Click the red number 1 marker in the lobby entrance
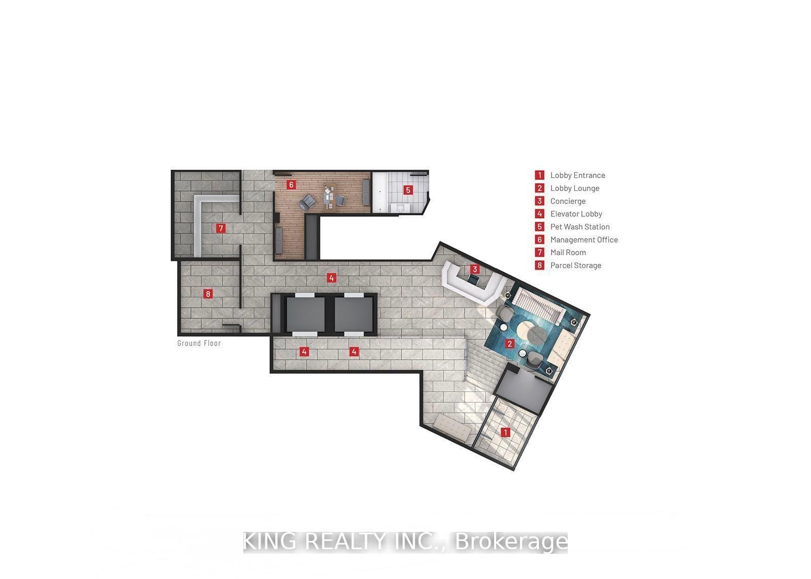click(x=505, y=433)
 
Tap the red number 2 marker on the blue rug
click(x=509, y=343)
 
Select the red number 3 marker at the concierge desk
click(x=474, y=269)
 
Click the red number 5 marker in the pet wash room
click(x=408, y=190)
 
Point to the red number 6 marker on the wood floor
click(x=291, y=185)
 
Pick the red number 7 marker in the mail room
click(x=220, y=228)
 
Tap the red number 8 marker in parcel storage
click(x=207, y=293)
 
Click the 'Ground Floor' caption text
click(x=199, y=343)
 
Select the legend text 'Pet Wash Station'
click(x=580, y=227)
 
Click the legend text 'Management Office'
click(x=584, y=240)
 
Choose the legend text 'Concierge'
click(x=568, y=201)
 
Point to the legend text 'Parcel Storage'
click(x=576, y=265)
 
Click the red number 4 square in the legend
click(x=540, y=214)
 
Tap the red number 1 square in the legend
click(x=540, y=175)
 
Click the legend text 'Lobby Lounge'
click(x=575, y=188)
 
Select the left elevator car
click(x=306, y=314)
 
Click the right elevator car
click(x=354, y=314)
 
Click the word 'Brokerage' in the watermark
click(x=511, y=542)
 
